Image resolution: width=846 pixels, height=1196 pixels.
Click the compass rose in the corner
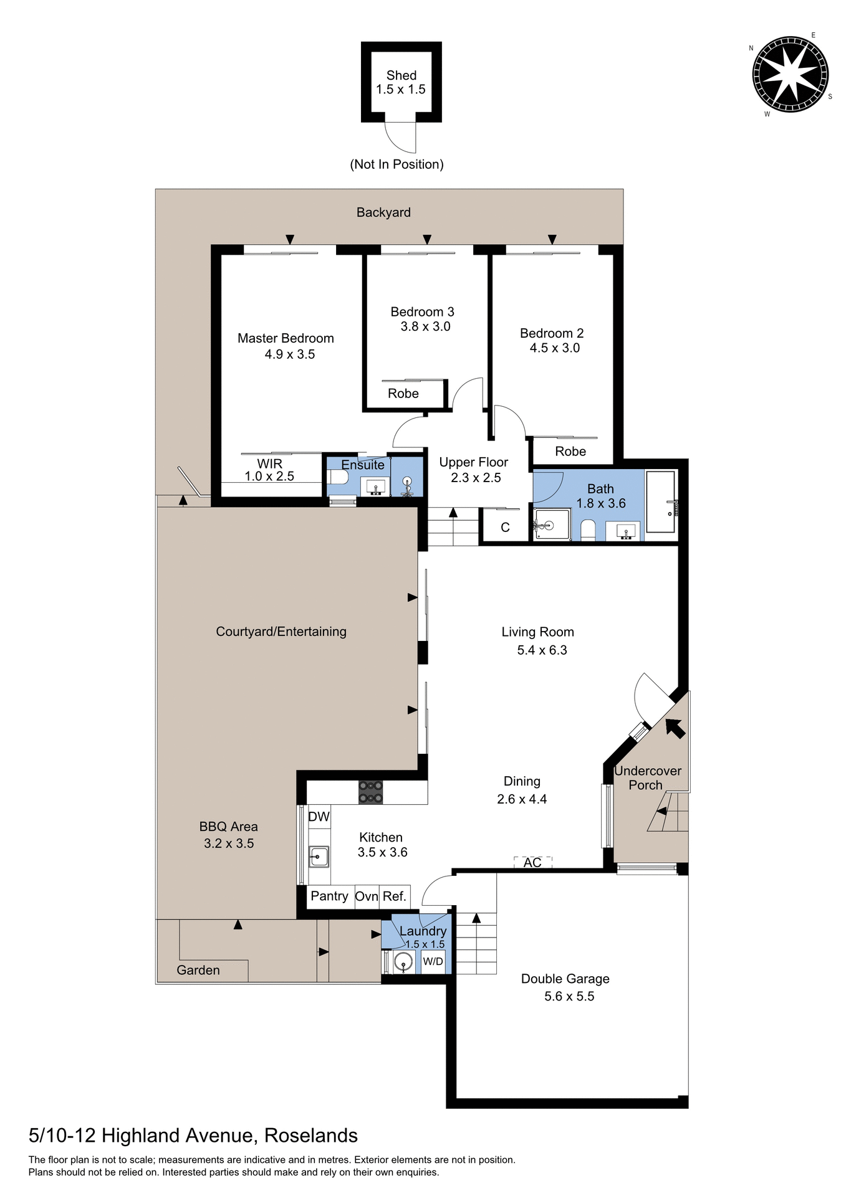(791, 75)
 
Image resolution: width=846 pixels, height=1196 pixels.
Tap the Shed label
(401, 75)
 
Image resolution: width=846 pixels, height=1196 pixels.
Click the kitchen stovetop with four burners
(370, 792)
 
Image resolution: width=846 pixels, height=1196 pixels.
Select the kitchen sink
(319, 857)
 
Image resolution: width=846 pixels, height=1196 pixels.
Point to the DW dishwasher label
(319, 817)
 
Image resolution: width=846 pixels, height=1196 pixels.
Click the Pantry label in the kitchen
(329, 896)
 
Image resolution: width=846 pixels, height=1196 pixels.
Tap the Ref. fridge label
(394, 896)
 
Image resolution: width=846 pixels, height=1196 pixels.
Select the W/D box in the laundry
(433, 961)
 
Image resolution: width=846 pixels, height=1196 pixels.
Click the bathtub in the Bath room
(661, 502)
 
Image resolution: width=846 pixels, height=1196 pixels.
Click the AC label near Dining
(532, 862)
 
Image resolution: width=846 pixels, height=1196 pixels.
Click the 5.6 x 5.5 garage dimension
(569, 996)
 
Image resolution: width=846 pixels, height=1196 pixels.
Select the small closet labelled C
(505, 527)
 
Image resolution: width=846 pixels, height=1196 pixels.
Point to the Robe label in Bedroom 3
(403, 393)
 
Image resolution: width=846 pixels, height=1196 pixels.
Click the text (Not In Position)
(397, 164)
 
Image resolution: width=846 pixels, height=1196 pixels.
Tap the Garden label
(198, 970)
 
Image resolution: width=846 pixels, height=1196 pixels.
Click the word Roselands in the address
(310, 1136)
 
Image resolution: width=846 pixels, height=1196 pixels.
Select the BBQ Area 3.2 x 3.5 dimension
(228, 843)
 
